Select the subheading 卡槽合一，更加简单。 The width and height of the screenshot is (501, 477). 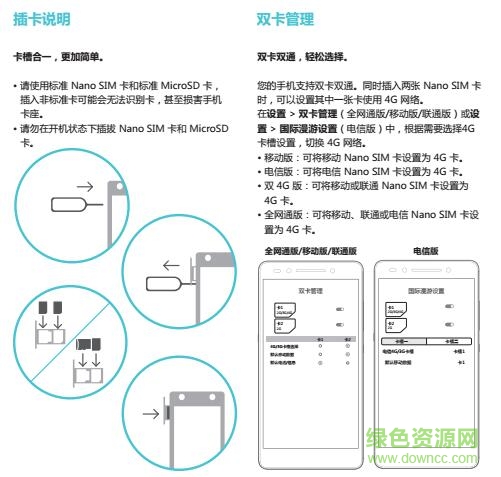tap(58, 56)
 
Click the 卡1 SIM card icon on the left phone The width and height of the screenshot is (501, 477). tap(284, 309)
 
